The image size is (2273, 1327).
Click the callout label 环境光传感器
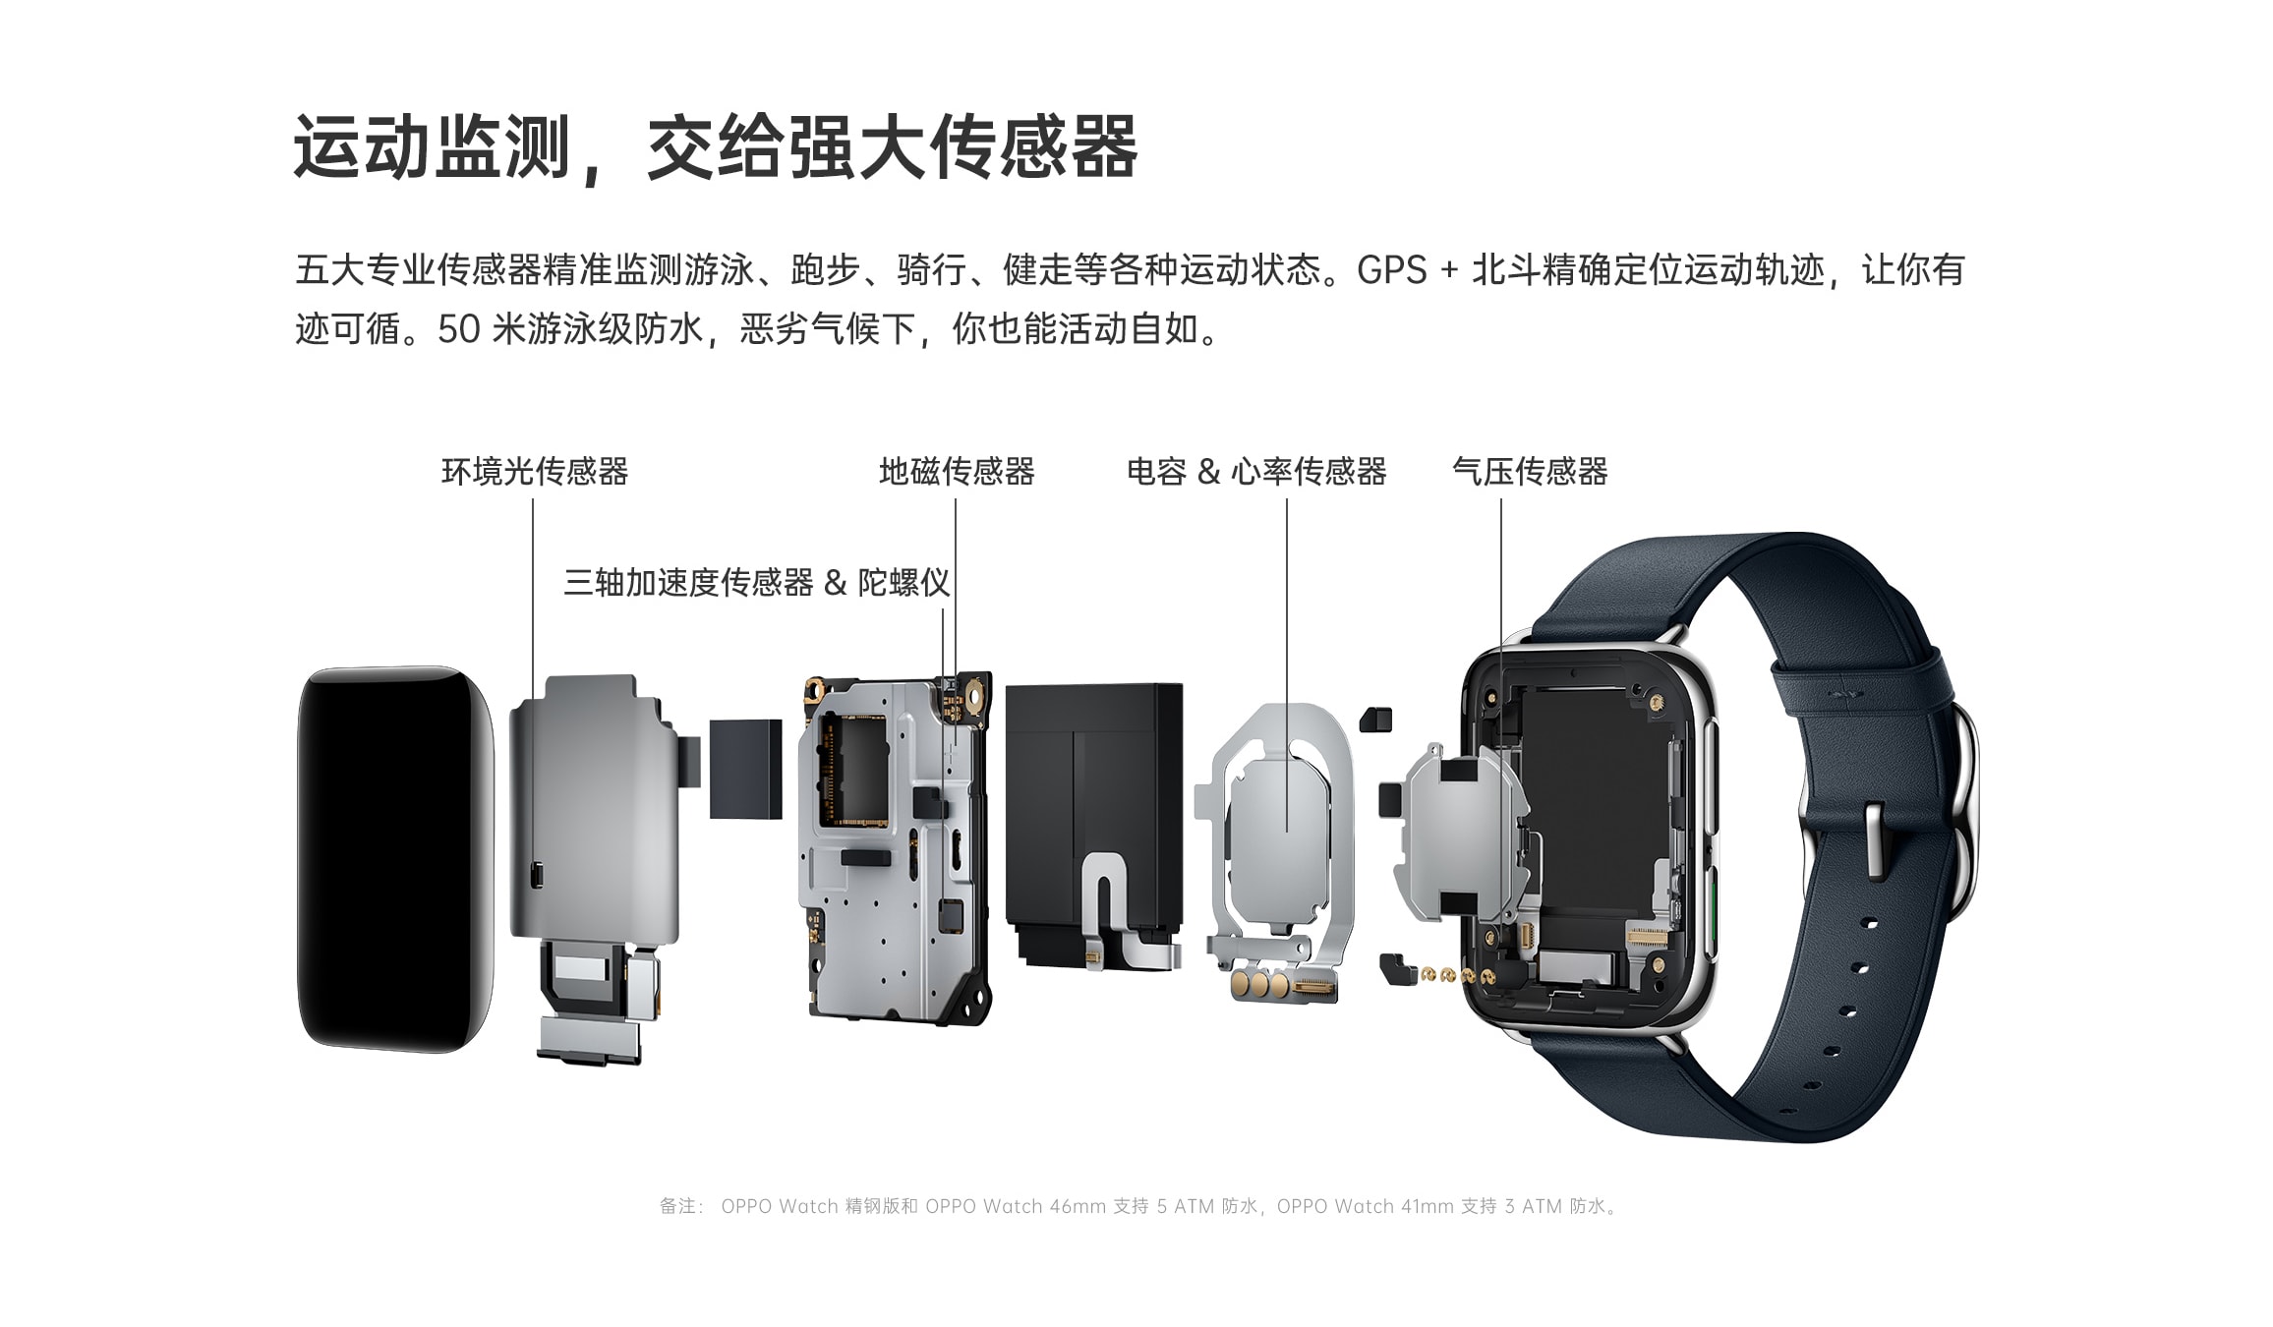(535, 472)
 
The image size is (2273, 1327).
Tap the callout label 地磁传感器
(957, 472)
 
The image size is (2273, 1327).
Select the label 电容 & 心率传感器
(1256, 472)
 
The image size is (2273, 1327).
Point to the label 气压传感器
(1530, 472)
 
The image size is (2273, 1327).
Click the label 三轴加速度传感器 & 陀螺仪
(757, 583)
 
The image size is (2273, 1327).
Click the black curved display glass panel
(395, 860)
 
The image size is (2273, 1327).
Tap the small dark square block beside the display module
(745, 769)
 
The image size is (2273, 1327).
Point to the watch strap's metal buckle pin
(1874, 840)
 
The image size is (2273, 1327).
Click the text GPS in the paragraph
(1391, 270)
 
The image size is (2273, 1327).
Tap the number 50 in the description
(458, 330)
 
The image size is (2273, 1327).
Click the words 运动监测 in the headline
(433, 147)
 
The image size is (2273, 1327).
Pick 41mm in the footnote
(1426, 1206)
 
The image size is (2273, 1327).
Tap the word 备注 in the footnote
(677, 1206)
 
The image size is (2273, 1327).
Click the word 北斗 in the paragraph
(1506, 270)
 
